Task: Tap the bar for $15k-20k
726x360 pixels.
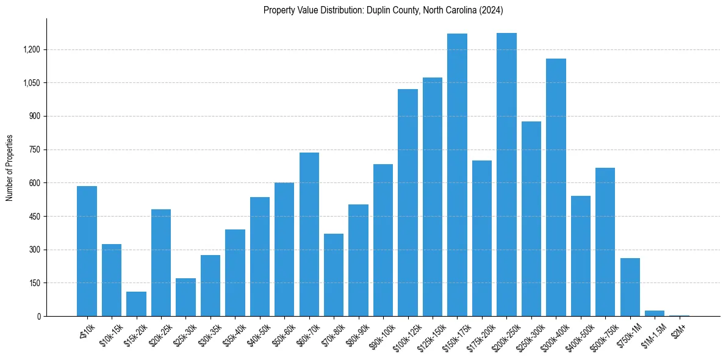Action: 136,304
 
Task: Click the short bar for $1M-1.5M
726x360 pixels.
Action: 655,314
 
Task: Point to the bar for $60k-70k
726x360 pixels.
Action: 309,234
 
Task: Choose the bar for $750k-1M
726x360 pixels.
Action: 630,287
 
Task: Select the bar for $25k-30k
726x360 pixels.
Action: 185,297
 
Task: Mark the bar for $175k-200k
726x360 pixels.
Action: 482,238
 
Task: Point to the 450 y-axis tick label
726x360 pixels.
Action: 35,217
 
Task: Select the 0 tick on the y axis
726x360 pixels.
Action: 39,317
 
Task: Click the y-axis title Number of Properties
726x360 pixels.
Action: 10,167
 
